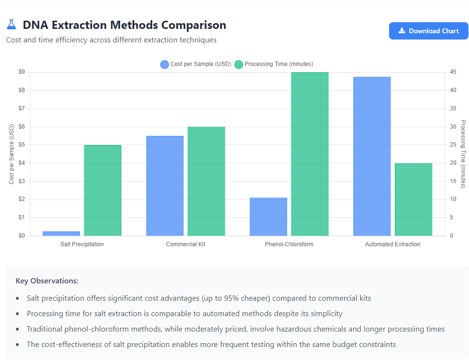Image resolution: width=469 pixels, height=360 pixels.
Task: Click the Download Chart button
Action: [429, 31]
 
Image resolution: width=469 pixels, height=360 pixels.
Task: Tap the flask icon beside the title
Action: [12, 25]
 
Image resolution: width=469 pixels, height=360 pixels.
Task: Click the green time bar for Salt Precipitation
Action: [103, 190]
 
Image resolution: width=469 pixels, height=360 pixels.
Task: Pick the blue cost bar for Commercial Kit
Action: [165, 186]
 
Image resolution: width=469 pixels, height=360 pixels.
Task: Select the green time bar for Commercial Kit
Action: [206, 181]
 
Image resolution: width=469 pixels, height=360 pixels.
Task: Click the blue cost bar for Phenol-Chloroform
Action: [268, 216]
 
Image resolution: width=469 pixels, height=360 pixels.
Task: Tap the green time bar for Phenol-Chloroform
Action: [310, 154]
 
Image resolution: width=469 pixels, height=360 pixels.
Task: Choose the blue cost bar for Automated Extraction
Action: [372, 156]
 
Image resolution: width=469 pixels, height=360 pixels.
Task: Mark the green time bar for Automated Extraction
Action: [413, 200]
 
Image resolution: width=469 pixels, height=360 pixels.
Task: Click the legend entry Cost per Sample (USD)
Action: [196, 64]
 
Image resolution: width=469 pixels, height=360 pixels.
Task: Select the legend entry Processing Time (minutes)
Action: [274, 64]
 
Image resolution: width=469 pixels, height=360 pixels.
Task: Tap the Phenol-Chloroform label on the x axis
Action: [289, 244]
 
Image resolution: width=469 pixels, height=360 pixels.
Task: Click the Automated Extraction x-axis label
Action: [392, 244]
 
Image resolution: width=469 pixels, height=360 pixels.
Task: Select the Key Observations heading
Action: [47, 280]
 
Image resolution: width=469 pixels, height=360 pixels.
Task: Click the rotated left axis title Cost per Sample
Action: [12, 154]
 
